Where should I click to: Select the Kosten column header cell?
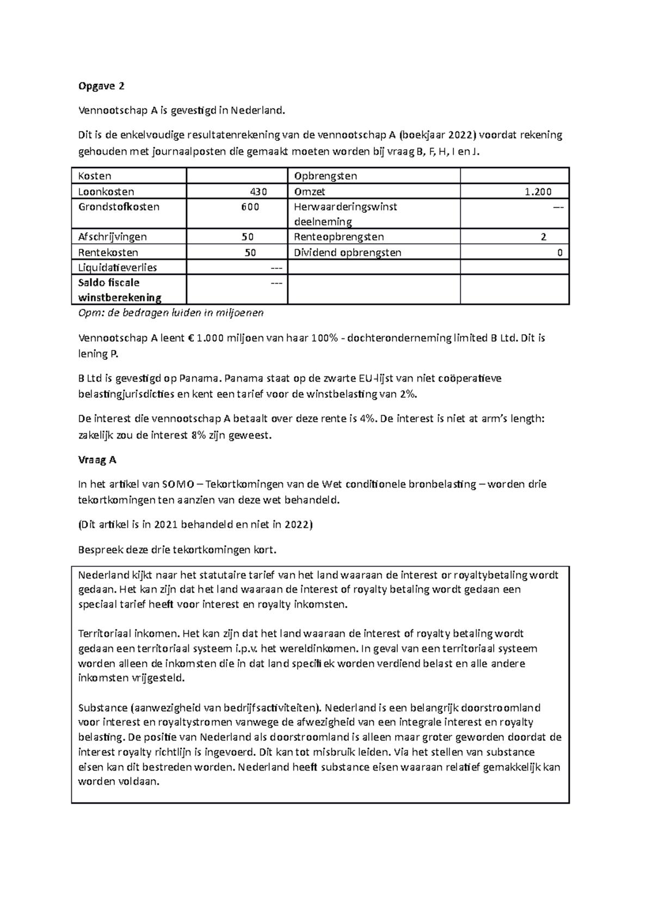(x=95, y=176)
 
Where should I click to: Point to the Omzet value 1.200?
(x=538, y=192)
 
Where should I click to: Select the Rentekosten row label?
(x=108, y=252)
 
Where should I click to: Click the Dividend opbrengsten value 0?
(x=559, y=252)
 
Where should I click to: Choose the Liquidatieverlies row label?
(x=118, y=267)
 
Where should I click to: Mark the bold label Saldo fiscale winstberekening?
(x=120, y=290)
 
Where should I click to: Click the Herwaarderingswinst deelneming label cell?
(x=345, y=214)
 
